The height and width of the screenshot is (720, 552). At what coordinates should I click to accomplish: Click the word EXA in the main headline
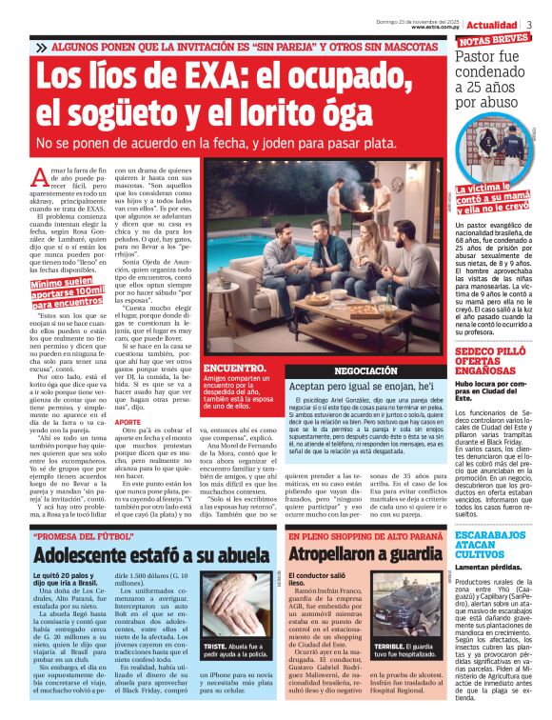click(218, 75)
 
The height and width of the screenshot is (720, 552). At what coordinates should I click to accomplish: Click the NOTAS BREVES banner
click(494, 40)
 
